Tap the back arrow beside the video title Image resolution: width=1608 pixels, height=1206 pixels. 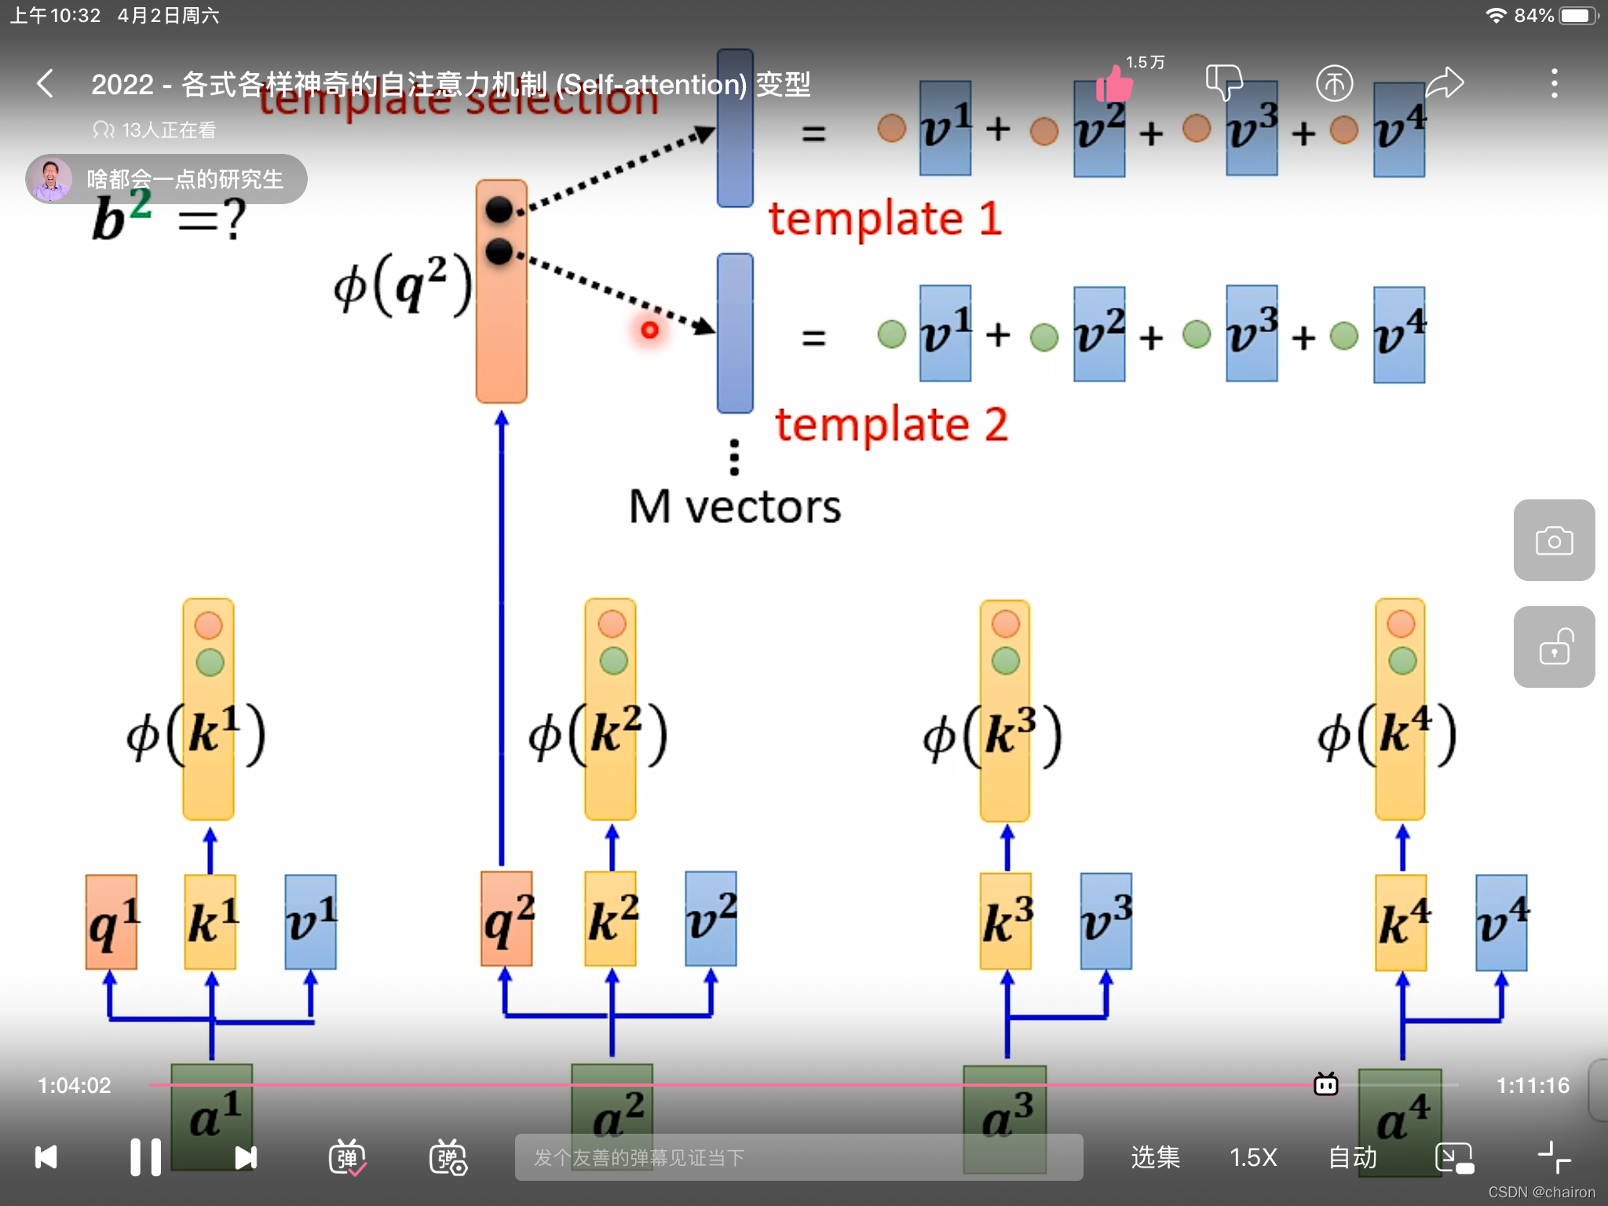point(46,83)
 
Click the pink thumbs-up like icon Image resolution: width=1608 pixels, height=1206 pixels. point(1114,83)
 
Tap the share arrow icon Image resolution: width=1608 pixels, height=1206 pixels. point(1444,83)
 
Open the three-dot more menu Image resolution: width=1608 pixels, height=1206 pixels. point(1554,83)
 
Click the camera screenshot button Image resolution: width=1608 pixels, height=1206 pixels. point(1554,540)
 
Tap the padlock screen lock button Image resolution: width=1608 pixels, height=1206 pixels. point(1554,647)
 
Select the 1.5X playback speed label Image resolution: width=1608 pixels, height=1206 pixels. point(1253,1157)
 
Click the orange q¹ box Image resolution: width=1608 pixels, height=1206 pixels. point(111,922)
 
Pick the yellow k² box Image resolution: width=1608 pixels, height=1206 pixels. point(611,919)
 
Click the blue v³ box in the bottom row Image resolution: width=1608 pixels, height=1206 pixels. point(1105,920)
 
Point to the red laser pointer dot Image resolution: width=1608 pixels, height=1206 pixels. point(649,331)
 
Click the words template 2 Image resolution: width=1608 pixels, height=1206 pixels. point(891,425)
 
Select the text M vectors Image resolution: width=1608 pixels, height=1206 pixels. point(735,507)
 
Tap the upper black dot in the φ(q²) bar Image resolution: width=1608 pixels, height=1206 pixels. point(499,210)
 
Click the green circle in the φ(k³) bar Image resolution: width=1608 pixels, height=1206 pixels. point(1006,660)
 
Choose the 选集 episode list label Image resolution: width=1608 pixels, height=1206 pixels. point(1155,1157)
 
